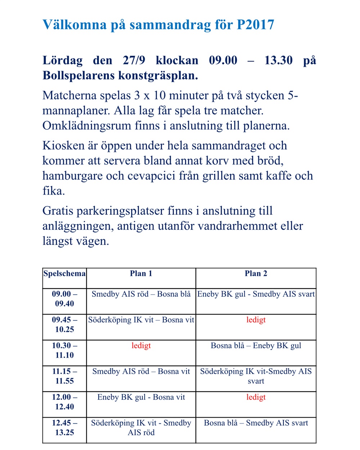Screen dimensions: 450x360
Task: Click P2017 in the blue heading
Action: point(255,25)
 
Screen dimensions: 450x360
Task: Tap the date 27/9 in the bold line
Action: point(134,60)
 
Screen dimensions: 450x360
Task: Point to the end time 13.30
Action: point(278,60)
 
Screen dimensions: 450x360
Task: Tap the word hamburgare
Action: point(73,176)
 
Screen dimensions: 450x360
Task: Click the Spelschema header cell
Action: point(64,274)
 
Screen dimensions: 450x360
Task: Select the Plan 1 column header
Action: point(141,274)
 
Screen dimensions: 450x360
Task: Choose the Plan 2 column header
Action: point(256,274)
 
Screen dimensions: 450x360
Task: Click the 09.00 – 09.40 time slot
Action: point(64,299)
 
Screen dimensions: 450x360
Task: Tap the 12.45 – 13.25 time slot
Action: point(64,427)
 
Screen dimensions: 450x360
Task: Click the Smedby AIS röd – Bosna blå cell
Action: point(141,294)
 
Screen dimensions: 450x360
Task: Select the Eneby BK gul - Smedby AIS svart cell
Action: point(256,294)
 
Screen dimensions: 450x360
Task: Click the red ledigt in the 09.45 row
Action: point(256,320)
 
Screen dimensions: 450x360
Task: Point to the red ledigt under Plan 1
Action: point(141,346)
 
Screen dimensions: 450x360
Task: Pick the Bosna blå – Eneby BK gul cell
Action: point(256,346)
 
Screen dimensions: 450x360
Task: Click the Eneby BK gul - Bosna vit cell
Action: point(141,397)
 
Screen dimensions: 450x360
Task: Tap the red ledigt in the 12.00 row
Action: point(256,397)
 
